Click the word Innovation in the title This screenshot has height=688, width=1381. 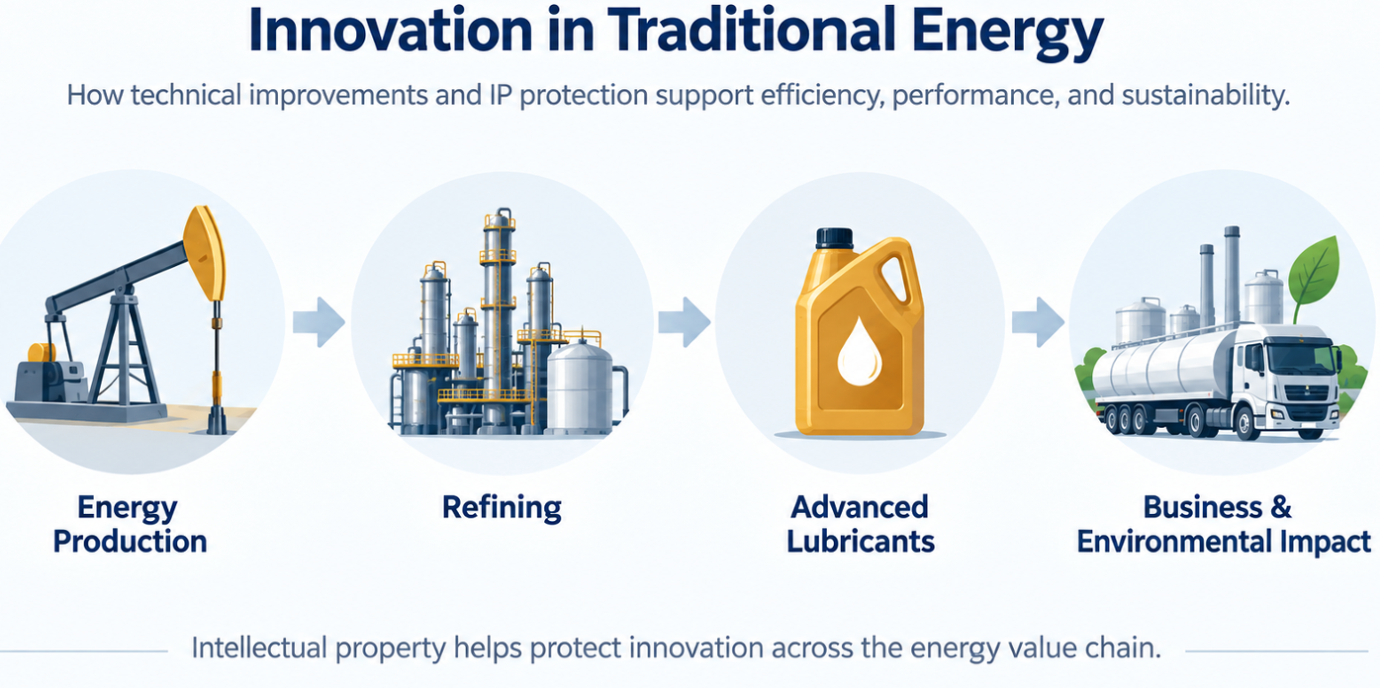[x=390, y=31]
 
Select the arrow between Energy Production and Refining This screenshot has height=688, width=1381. [x=319, y=322]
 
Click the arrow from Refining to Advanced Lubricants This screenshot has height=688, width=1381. [x=685, y=322]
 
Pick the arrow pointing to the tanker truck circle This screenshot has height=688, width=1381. [x=1038, y=322]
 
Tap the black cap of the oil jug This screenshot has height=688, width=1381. [x=835, y=238]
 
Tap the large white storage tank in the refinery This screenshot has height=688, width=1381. [x=580, y=387]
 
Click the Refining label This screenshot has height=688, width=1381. [x=502, y=507]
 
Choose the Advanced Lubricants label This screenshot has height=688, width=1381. [x=860, y=525]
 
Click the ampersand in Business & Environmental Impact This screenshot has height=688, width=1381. [x=1280, y=507]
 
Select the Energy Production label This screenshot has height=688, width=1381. [x=130, y=525]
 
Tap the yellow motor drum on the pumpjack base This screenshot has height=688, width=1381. [x=42, y=353]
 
